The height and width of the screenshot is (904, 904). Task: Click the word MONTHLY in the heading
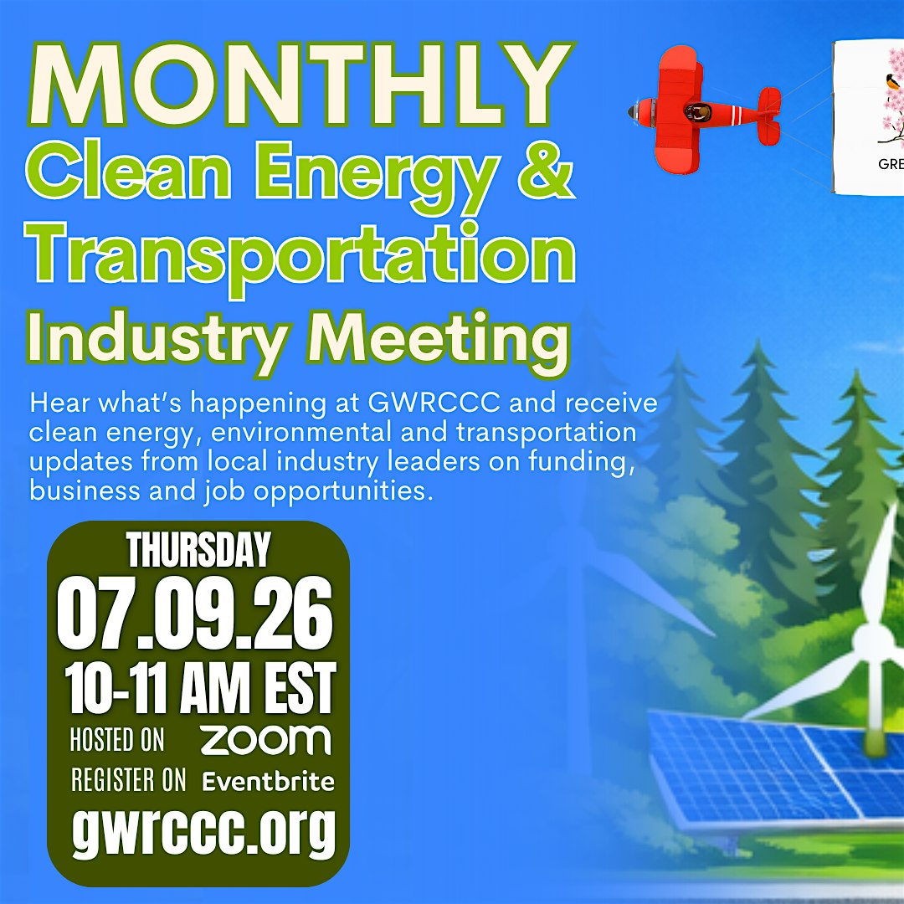[300, 85]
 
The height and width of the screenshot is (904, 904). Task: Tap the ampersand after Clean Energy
[546, 168]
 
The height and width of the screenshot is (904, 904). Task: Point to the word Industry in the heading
[159, 340]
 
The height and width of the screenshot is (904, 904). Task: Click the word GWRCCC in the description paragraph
[434, 403]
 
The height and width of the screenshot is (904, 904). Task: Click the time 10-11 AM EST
[200, 688]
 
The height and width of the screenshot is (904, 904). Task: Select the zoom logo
[265, 740]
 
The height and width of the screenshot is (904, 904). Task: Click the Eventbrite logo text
[268, 781]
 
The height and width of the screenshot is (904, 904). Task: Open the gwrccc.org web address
[203, 830]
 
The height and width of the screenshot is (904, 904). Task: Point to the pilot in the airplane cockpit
[698, 110]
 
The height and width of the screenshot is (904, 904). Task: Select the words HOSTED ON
[117, 740]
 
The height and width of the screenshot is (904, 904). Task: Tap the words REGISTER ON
[129, 780]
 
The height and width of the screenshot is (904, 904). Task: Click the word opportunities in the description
[343, 491]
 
